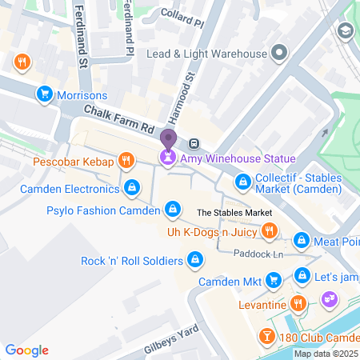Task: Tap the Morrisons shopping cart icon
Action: click(x=45, y=95)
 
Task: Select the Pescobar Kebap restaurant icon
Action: click(x=125, y=162)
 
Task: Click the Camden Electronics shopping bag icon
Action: click(x=131, y=188)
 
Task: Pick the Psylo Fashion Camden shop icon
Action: click(x=170, y=210)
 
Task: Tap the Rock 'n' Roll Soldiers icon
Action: click(x=194, y=260)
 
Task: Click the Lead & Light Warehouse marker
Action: click(x=279, y=54)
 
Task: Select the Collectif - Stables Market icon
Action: click(x=242, y=181)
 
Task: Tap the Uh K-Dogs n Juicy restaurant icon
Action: click(x=270, y=232)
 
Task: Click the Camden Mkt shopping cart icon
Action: click(x=274, y=281)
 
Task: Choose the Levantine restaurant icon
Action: click(x=298, y=303)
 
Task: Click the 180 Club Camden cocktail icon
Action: click(x=265, y=337)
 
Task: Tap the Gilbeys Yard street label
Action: click(x=170, y=340)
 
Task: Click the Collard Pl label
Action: click(x=183, y=13)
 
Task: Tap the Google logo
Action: click(x=27, y=350)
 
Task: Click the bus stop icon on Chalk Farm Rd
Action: click(x=194, y=144)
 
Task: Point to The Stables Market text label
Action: click(x=234, y=213)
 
